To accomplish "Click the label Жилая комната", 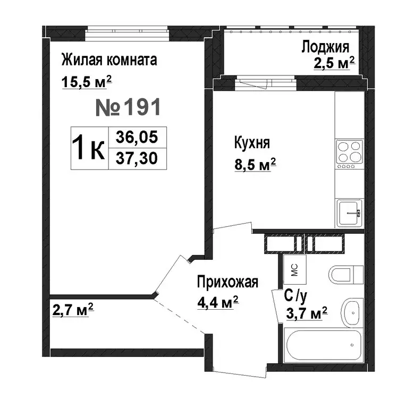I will point(109,59).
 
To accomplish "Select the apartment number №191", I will point(128,108).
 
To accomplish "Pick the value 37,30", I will point(137,158).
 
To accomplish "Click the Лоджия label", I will point(325,47).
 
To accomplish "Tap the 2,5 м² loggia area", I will point(334,64).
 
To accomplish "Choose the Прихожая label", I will point(227,282).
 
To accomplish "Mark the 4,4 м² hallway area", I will point(217,303).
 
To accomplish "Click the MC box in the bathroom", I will point(293,270).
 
